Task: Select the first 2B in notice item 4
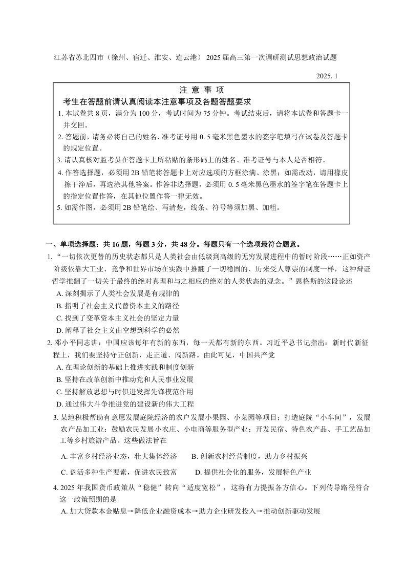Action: pyautogui.click(x=137, y=172)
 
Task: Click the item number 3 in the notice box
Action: pyautogui.click(x=59, y=160)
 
